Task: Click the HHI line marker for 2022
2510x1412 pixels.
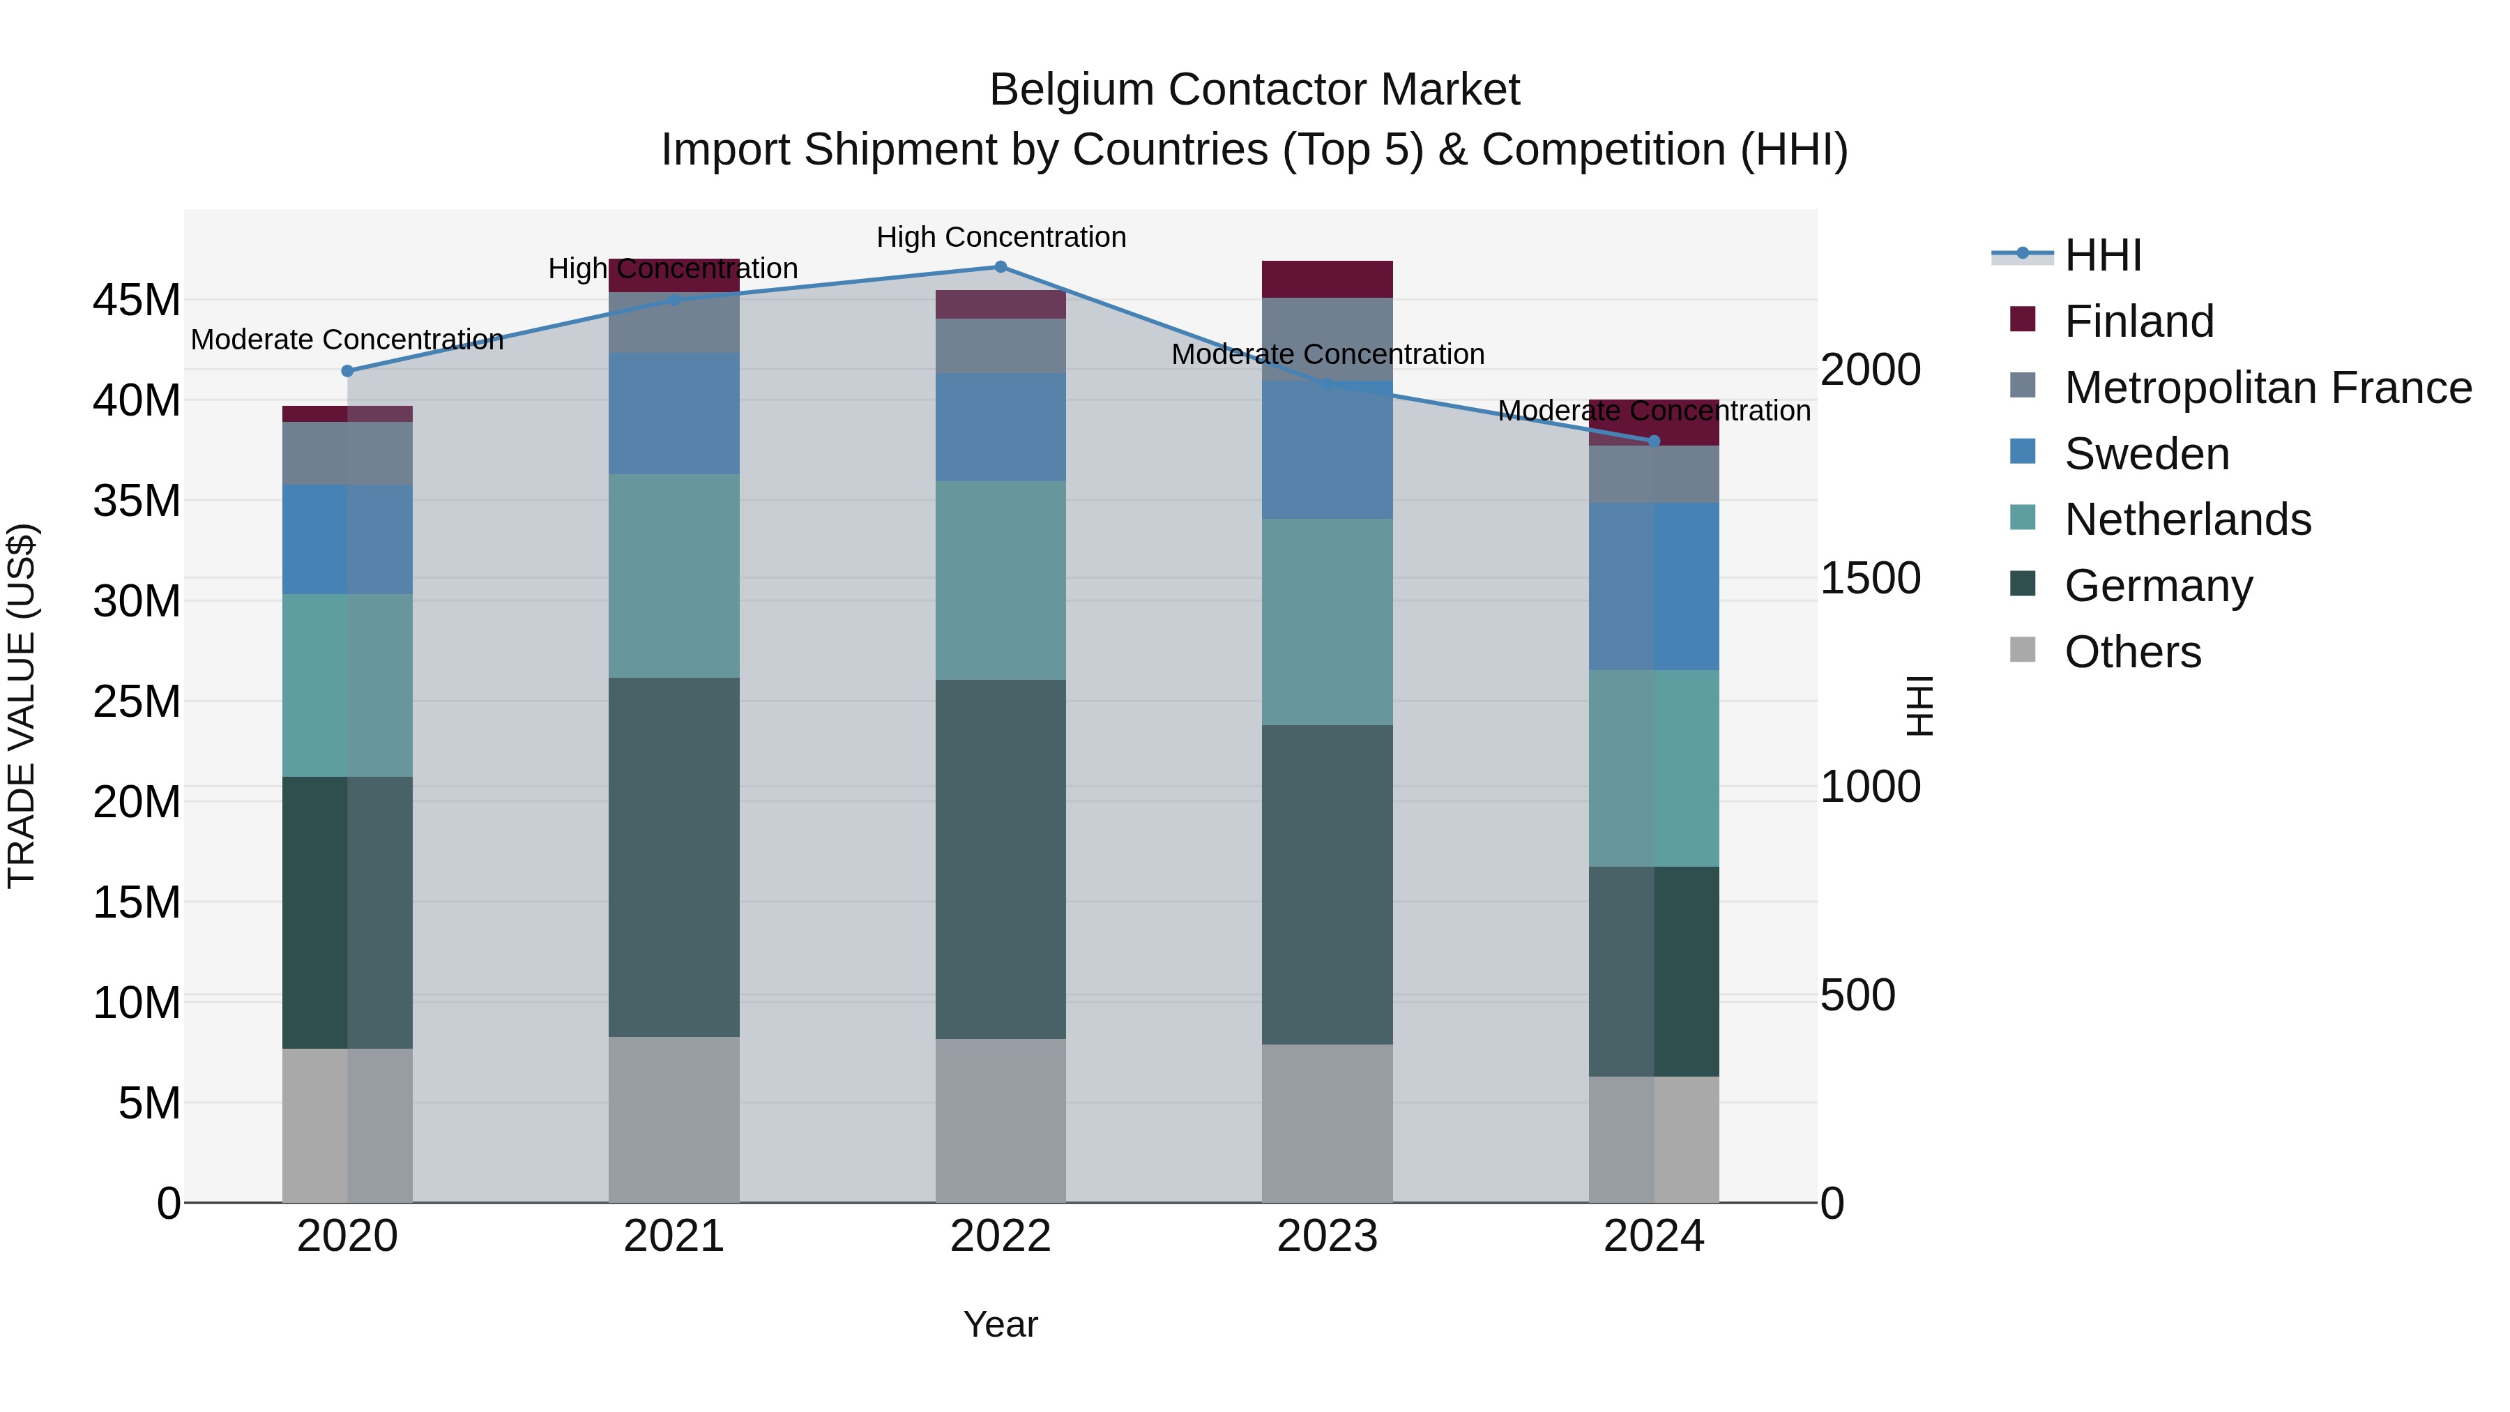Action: (x=1000, y=267)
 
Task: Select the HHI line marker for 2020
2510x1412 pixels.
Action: (x=347, y=370)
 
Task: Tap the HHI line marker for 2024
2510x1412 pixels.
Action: (x=1654, y=441)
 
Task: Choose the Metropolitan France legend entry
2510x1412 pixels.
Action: (x=2267, y=388)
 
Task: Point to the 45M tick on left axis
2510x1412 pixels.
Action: (x=137, y=300)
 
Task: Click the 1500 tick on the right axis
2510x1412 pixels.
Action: (x=1870, y=578)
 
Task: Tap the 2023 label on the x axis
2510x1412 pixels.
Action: (x=1326, y=1236)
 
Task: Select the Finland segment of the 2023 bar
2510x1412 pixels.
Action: (x=1326, y=279)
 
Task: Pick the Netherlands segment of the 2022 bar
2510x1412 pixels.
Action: (x=1000, y=580)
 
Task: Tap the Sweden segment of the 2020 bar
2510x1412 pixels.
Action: (x=347, y=539)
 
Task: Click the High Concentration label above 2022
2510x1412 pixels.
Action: (x=1001, y=237)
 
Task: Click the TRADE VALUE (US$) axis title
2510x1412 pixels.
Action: (x=22, y=706)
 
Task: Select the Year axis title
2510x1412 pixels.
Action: (x=1000, y=1324)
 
